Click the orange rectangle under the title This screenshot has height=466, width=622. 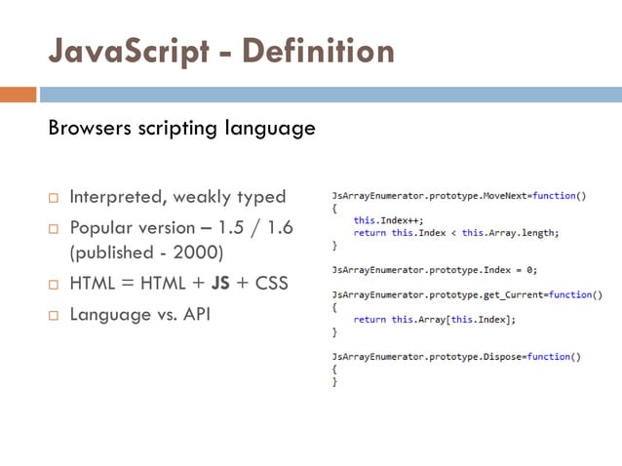pyautogui.click(x=19, y=95)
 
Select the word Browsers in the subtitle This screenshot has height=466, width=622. pyautogui.click(x=92, y=128)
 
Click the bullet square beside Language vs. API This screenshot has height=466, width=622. pyautogui.click(x=54, y=317)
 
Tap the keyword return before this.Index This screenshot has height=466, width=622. pyautogui.click(x=369, y=233)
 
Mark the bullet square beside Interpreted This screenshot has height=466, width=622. pyautogui.click(x=54, y=198)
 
